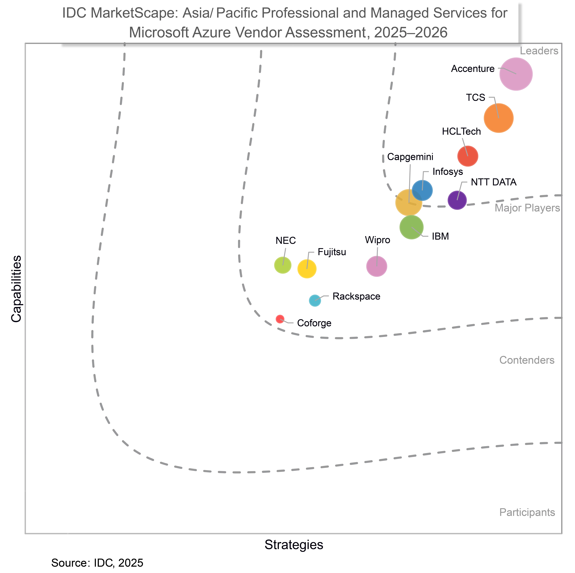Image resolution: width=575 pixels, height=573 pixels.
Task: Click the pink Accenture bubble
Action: [516, 74]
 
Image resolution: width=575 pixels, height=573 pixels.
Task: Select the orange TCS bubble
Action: [498, 118]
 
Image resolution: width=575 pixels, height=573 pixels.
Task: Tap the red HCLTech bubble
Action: [468, 156]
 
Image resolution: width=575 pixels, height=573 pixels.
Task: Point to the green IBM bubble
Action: [411, 227]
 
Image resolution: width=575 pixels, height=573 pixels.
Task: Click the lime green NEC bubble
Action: [282, 265]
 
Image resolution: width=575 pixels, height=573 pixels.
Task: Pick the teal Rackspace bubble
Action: [315, 301]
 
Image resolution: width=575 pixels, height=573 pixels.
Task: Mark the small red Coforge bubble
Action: [280, 319]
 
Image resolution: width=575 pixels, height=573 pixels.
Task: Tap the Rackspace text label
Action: [356, 296]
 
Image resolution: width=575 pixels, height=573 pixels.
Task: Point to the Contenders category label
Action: [527, 360]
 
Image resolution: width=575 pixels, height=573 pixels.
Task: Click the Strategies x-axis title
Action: [294, 545]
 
